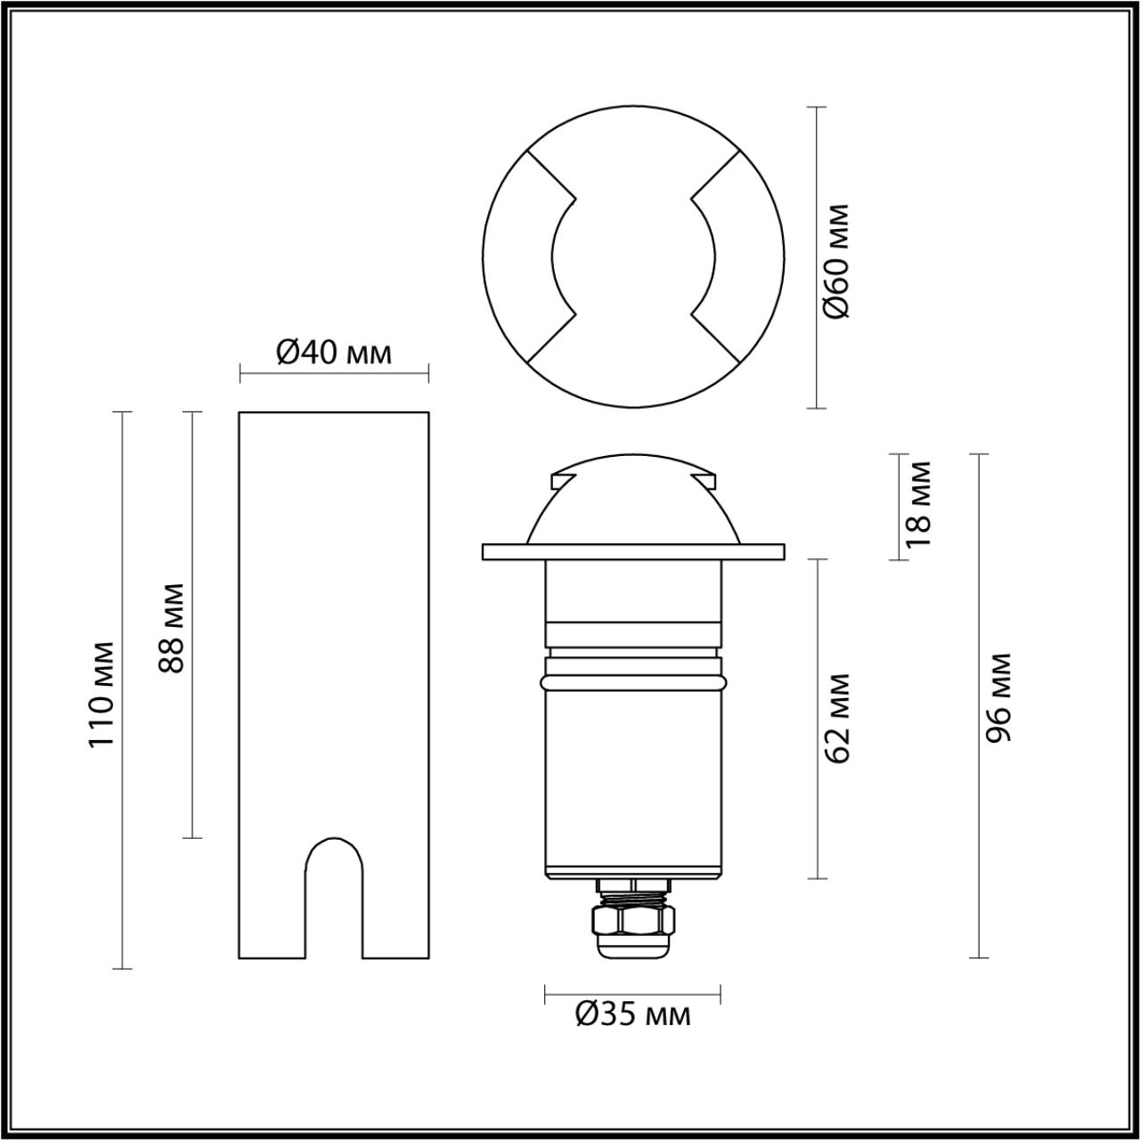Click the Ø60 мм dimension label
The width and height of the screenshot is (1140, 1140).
[x=837, y=261]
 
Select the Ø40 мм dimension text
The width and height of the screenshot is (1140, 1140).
[x=334, y=354]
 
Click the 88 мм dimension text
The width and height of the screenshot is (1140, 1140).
[x=171, y=628]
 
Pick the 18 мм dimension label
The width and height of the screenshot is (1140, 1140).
[x=917, y=504]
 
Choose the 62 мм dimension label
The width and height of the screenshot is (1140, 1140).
[x=838, y=719]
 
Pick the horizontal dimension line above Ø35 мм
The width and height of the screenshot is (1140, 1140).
[x=632, y=992]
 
